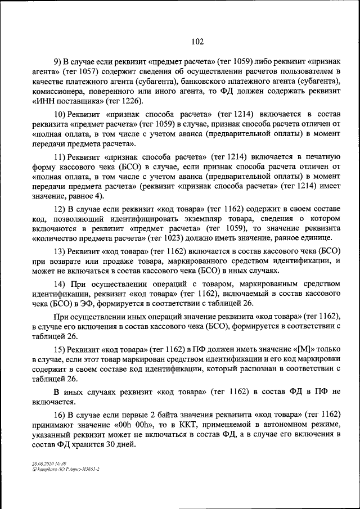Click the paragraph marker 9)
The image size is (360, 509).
tap(57, 61)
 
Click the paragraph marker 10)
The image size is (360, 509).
tap(60, 113)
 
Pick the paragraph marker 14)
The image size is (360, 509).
tap(60, 283)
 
